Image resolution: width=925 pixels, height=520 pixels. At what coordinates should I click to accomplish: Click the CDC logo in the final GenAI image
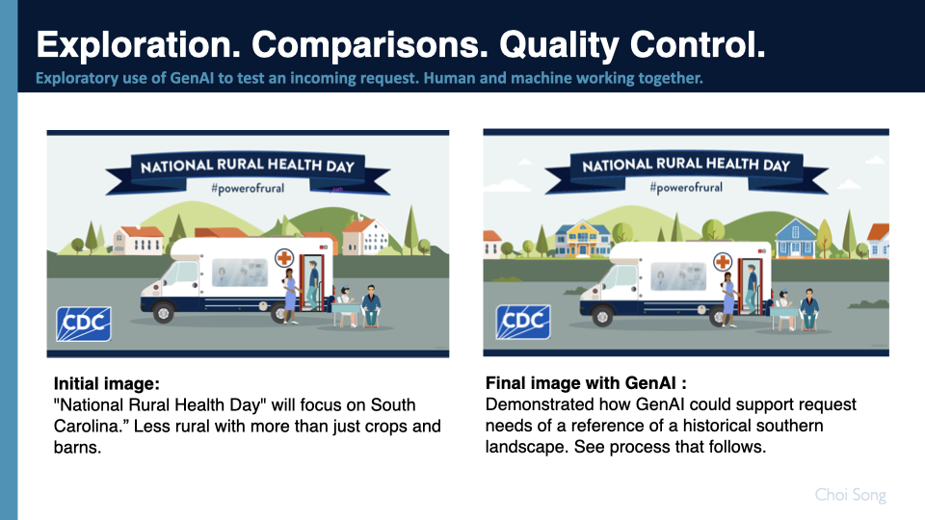pos(522,322)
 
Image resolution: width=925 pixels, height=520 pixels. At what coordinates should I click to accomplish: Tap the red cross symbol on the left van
pos(284,258)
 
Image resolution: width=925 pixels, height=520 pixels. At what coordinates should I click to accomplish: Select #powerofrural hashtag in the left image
pos(248,188)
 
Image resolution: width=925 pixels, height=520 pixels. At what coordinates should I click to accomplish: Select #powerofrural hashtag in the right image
pos(685,187)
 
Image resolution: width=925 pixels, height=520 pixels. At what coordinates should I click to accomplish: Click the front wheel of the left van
pos(164,312)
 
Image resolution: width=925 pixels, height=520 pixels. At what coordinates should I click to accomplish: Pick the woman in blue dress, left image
pos(289,293)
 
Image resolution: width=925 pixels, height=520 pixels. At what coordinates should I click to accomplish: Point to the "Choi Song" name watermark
pos(850,496)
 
